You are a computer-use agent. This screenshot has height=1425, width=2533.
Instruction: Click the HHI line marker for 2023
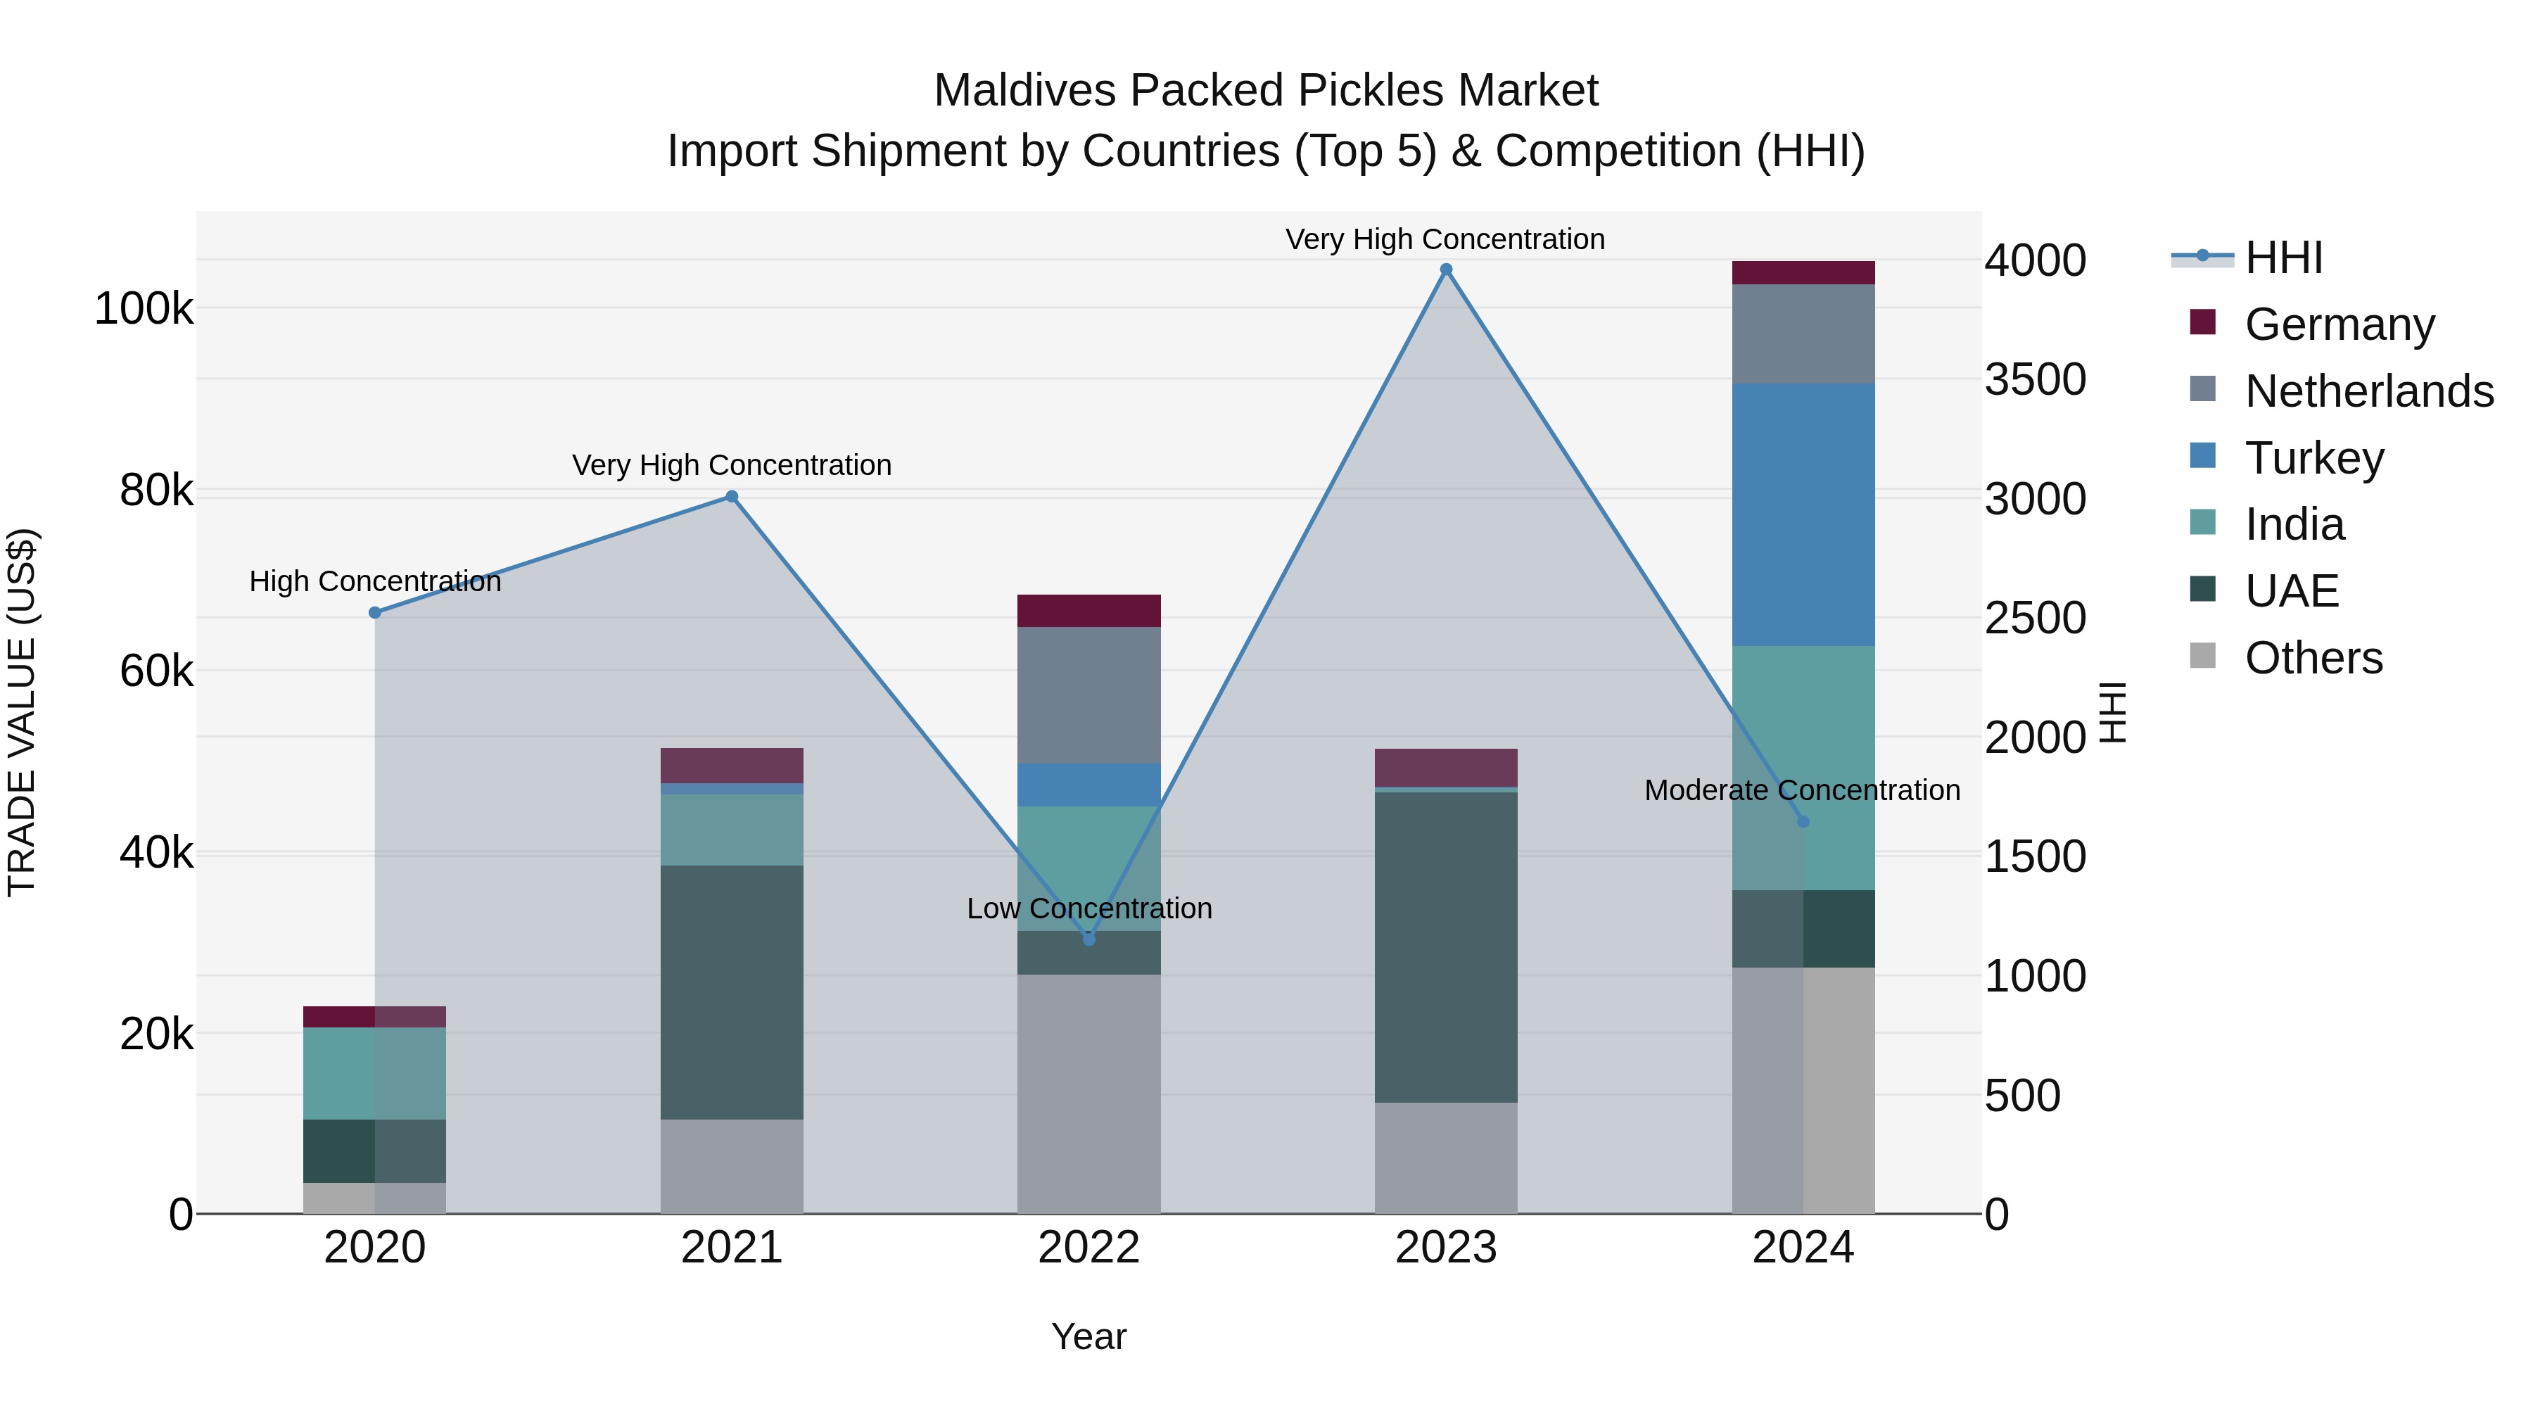point(1445,270)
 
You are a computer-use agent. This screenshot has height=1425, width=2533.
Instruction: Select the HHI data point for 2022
point(1088,939)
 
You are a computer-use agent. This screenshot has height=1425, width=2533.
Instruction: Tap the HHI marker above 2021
point(732,497)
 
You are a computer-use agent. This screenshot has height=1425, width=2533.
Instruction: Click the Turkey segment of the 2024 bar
point(1803,514)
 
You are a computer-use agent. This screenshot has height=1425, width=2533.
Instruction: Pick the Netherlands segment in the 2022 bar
point(1088,695)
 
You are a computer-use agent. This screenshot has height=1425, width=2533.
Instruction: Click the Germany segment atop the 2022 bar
point(1088,611)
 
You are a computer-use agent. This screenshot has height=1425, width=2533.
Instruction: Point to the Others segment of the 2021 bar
point(732,1165)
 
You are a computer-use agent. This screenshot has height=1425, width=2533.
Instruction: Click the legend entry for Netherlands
point(2368,391)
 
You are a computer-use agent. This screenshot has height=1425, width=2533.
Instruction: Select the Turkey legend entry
point(2313,457)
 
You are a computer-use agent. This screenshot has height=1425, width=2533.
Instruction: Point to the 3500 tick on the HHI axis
point(2034,379)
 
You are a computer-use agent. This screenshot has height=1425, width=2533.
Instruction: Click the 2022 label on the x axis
point(1088,1248)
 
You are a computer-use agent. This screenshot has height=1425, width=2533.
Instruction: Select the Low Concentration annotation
point(1088,908)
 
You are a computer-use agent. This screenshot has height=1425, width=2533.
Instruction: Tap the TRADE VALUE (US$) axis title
point(22,712)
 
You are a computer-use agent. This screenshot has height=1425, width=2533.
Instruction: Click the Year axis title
point(1088,1336)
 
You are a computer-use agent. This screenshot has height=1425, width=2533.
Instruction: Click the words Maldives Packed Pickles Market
point(1266,91)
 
